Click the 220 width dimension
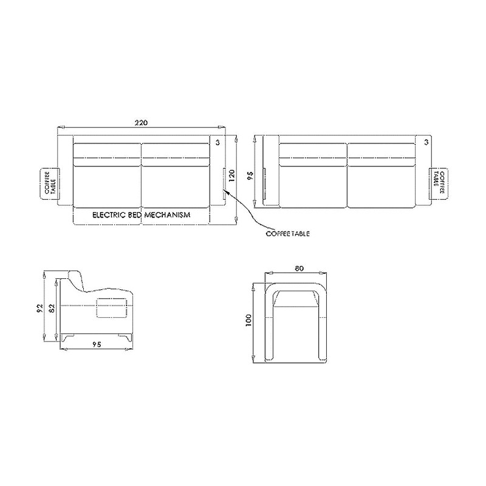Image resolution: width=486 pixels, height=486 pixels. (x=141, y=123)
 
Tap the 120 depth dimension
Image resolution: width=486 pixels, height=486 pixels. (x=232, y=176)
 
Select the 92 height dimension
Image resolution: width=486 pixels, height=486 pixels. (x=39, y=308)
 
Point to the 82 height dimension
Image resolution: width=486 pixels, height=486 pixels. (x=52, y=308)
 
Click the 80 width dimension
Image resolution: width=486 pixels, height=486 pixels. (x=299, y=269)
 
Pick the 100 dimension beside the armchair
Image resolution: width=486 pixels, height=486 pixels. (x=248, y=321)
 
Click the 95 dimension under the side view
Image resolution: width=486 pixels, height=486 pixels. (x=97, y=344)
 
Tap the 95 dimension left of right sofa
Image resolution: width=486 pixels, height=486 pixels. (x=250, y=176)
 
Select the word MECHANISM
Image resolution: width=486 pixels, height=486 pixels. (x=168, y=215)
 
